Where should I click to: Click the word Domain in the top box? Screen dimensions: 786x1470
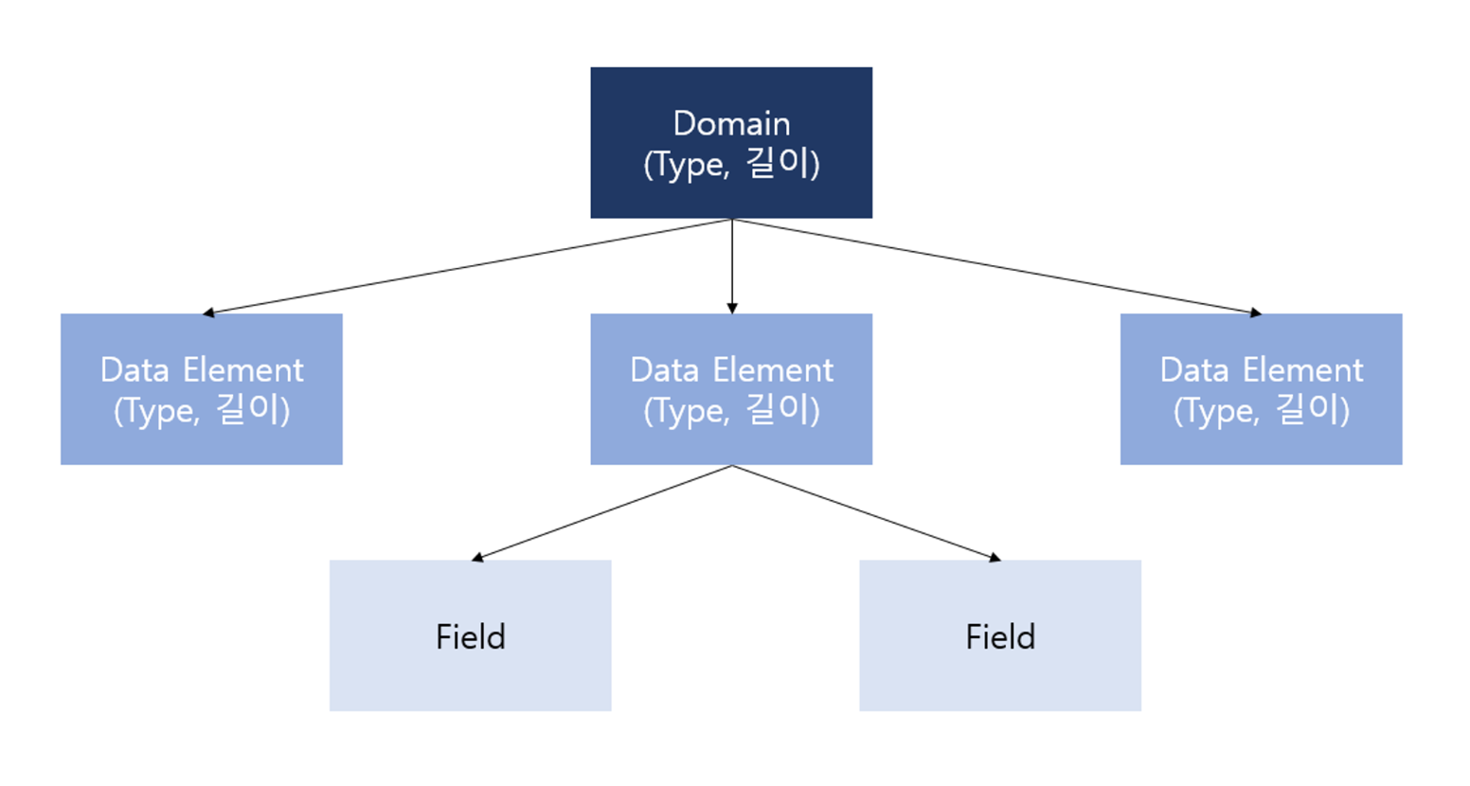click(731, 123)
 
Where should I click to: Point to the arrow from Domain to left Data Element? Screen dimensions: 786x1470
click(469, 266)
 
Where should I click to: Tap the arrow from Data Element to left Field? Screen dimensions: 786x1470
click(602, 512)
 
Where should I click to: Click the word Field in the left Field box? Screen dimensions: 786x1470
click(470, 636)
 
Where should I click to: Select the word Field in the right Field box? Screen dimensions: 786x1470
click(999, 636)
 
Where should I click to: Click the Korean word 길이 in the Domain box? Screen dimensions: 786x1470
click(780, 164)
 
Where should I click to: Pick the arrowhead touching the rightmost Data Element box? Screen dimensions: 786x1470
click(1256, 312)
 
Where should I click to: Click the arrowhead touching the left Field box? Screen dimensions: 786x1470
click(477, 558)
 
